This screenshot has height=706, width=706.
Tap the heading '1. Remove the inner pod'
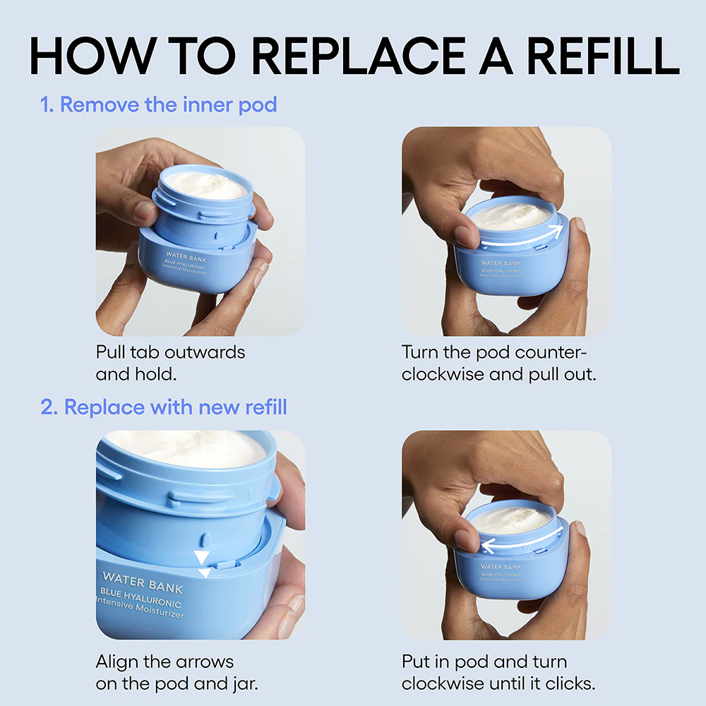coord(158,105)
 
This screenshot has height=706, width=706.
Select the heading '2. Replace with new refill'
coord(163,407)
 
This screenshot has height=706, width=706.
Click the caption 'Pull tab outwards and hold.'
coord(170,362)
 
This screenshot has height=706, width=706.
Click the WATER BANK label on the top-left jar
coord(187,258)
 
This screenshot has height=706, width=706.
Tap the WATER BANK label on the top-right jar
coord(501,263)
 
